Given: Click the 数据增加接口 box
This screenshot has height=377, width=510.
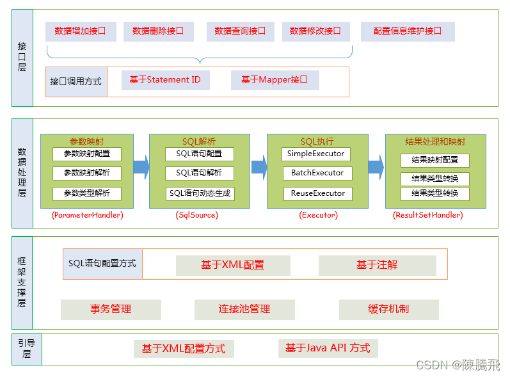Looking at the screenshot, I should tap(81, 31).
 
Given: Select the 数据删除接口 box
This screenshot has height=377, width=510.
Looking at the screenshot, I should tap(158, 31).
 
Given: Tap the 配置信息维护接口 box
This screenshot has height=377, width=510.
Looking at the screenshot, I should tap(408, 31).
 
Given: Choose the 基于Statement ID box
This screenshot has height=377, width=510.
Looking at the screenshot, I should tap(165, 80).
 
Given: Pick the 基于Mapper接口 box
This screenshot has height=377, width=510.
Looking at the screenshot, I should tap(275, 80).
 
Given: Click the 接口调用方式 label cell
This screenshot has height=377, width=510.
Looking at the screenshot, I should tap(76, 82).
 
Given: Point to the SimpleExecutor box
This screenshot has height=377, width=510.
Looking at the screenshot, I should tap(316, 154).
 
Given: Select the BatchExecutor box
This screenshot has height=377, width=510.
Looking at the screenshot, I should tap(317, 173).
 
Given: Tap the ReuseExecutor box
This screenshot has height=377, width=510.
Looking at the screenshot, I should tap(317, 193).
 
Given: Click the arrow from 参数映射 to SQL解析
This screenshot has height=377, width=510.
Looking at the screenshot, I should tap(141, 168).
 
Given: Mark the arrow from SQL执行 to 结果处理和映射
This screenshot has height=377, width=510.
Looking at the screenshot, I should tap(376, 168).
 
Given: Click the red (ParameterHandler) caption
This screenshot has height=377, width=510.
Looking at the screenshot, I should tap(88, 216).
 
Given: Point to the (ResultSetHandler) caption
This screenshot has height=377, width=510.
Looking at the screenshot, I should tap(427, 216).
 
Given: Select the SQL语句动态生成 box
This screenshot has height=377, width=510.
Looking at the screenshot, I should tap(200, 193).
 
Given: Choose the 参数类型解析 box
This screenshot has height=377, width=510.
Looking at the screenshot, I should tap(87, 193).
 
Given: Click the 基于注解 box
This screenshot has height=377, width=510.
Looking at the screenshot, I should tap(377, 265).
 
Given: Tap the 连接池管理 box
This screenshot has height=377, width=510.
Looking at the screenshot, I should tap(244, 309).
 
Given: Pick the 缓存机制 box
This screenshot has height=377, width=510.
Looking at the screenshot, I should tap(388, 309).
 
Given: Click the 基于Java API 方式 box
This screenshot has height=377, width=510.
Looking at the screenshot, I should tap(328, 348).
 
